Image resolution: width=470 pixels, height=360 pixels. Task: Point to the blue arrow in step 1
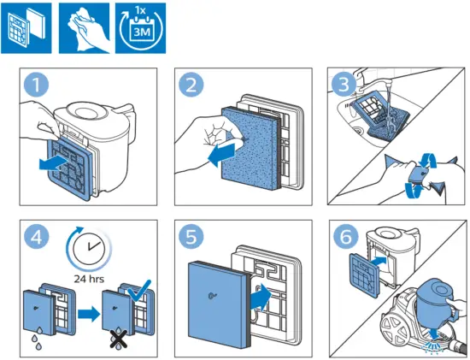click(56, 161)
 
